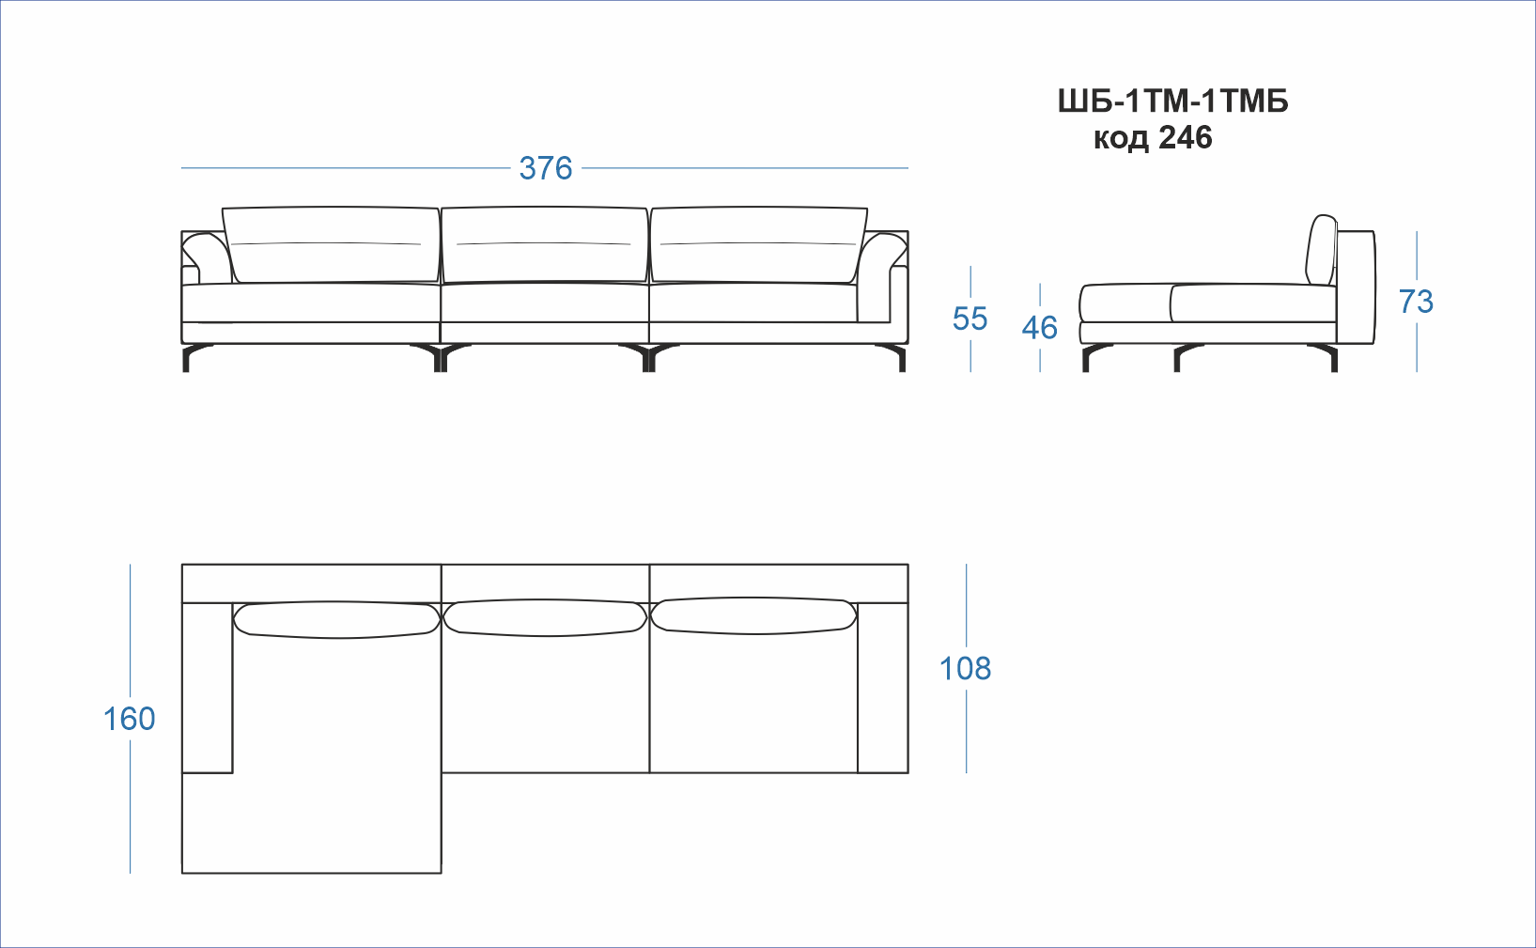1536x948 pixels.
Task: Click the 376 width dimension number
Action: pos(545,168)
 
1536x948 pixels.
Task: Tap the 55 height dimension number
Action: pos(970,319)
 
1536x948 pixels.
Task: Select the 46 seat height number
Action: pos(1040,328)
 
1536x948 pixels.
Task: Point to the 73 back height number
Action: pos(1416,302)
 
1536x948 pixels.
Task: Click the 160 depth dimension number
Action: pos(129,719)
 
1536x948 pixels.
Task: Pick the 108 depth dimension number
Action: pos(965,668)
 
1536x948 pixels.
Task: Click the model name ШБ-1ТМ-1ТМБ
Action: pos(1172,101)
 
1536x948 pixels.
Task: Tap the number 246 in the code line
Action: pos(1186,138)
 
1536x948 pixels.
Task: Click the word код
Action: pos(1121,139)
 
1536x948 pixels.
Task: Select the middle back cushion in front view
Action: pos(545,245)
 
